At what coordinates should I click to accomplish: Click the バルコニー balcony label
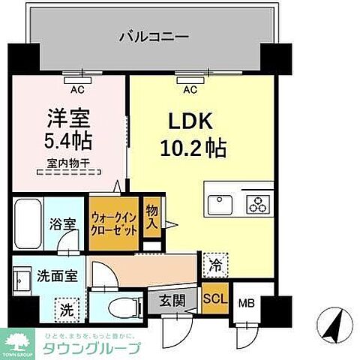point(152,35)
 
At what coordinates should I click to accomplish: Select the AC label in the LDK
point(190,89)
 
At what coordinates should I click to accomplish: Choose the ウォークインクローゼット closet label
point(112,223)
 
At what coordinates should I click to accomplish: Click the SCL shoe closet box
point(214,298)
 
